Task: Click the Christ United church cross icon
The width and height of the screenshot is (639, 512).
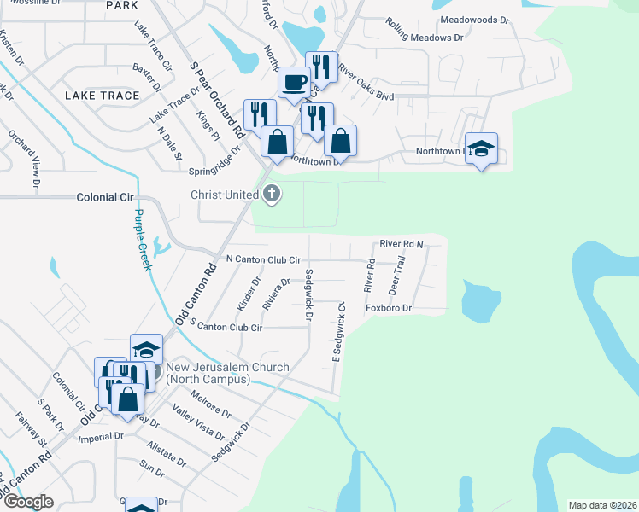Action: tap(273, 195)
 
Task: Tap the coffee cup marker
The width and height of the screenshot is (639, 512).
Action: tap(295, 83)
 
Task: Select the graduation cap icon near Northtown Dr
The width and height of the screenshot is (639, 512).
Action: tap(481, 150)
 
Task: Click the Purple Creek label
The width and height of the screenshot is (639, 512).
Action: tap(143, 241)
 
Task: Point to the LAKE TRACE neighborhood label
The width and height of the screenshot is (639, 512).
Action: tap(102, 96)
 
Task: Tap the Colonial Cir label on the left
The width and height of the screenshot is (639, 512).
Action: tap(107, 197)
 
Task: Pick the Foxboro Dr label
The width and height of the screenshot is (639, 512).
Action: tap(389, 308)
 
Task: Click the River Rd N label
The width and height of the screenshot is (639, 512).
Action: tap(402, 244)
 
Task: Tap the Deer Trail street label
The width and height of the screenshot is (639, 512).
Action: tap(398, 276)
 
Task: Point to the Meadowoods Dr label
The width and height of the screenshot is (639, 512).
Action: tap(474, 20)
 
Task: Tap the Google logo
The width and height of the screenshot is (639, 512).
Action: tap(28, 502)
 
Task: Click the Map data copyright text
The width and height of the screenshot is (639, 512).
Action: tap(602, 505)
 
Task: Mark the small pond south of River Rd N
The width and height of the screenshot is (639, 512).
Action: tap(480, 299)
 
